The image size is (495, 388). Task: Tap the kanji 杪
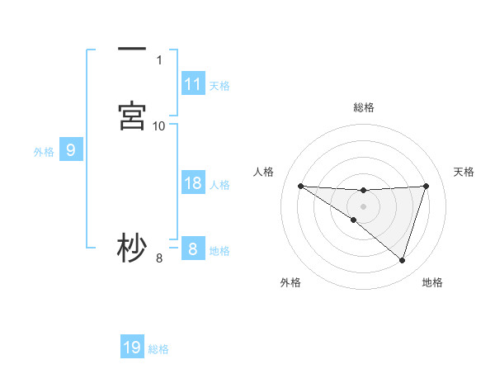[x=132, y=248]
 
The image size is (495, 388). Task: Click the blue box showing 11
[x=193, y=84]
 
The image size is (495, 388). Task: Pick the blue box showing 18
[x=193, y=183]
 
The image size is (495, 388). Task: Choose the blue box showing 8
[x=193, y=249]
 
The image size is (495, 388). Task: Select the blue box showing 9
[x=71, y=150]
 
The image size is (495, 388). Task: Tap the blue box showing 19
[x=132, y=348]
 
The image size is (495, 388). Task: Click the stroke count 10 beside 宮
[x=159, y=125]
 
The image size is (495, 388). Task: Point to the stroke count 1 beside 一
[x=159, y=60]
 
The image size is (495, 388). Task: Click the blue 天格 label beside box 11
[x=219, y=85]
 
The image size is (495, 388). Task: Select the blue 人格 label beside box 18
[x=219, y=184]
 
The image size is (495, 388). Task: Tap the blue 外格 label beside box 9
[x=43, y=151]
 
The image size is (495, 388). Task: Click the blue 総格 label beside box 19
[x=158, y=348]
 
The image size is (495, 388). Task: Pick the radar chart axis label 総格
[x=363, y=107]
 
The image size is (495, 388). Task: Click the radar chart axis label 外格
[x=290, y=282]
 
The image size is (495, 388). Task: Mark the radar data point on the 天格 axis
[x=426, y=186]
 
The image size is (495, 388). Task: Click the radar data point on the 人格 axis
[x=300, y=186]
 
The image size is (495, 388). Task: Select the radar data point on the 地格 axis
[x=402, y=260]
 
